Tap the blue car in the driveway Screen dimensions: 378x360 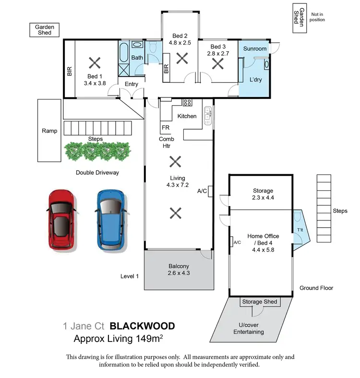tap(112, 220)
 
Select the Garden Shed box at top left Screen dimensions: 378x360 tap(44, 30)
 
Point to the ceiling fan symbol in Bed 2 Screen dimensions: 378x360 tap(182, 59)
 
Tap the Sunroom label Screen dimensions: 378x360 tap(254, 49)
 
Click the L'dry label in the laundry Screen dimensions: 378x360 tap(255, 80)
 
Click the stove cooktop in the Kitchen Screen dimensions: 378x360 tap(187, 102)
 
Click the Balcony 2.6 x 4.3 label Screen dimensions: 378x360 tap(179, 270)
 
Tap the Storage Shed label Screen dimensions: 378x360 tap(260, 302)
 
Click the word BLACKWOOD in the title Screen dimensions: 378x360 tap(142, 326)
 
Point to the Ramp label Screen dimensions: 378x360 tap(49, 131)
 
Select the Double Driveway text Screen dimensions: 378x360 tap(97, 172)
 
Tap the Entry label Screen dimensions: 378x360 tap(131, 84)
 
